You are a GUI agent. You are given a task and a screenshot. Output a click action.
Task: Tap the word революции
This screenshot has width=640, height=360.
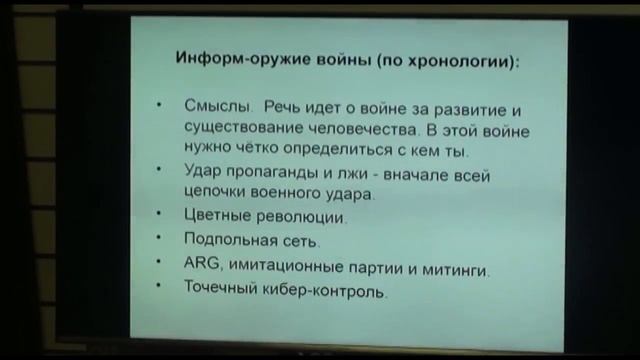click(302, 216)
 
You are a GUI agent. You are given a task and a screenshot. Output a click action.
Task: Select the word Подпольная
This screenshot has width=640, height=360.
click(225, 241)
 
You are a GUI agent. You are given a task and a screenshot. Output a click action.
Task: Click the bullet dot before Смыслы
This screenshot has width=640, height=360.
click(160, 106)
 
